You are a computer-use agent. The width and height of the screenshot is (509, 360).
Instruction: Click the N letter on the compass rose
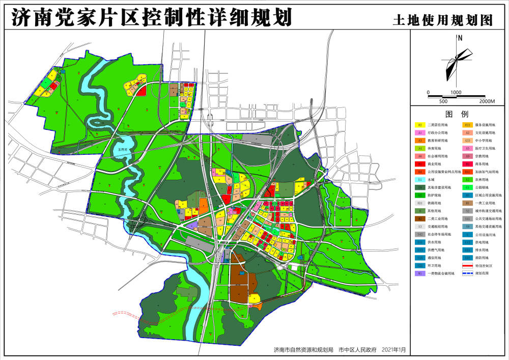click(460, 37)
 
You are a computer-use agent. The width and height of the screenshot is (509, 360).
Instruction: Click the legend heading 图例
click(456, 114)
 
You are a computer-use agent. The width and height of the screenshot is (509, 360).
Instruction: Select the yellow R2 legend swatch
click(420, 125)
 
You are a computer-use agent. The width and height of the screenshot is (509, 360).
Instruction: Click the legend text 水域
click(431, 180)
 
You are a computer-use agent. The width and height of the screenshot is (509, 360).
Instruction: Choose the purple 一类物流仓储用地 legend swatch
click(420, 273)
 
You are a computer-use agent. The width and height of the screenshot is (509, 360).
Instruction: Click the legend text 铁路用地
click(434, 203)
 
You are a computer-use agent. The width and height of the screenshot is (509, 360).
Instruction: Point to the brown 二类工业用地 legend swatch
click(420, 219)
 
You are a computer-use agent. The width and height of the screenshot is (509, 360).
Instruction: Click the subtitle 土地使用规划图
click(443, 20)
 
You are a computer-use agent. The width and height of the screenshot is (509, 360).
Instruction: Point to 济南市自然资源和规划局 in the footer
click(303, 350)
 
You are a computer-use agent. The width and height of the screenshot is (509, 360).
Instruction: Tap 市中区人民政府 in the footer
click(357, 350)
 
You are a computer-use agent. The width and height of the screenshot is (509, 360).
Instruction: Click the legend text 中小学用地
click(483, 141)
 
